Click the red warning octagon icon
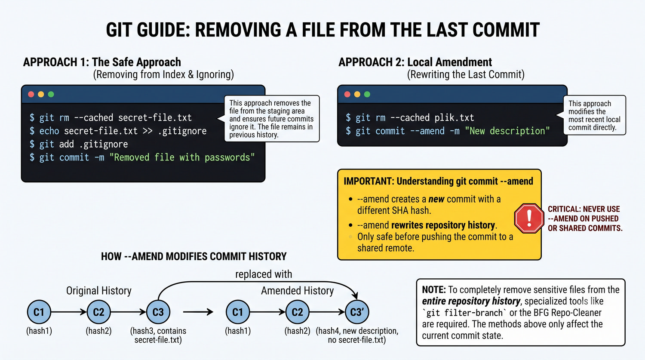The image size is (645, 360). [529, 218]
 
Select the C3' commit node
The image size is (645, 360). [357, 312]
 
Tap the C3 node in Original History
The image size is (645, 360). [158, 312]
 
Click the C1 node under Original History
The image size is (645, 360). [39, 312]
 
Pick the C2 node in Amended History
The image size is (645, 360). [297, 312]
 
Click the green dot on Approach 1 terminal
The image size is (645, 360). [51, 94]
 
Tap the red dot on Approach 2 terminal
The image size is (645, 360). [347, 94]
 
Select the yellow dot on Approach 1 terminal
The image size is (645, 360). [41, 94]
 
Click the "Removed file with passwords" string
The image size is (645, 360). [182, 157]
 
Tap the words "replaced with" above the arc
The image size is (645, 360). [264, 274]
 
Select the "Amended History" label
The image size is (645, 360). [298, 291]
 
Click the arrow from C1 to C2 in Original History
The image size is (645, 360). [69, 312]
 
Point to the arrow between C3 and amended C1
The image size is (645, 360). [198, 312]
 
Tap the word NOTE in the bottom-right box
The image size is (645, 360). [434, 289]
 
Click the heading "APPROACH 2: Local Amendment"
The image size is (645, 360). [415, 62]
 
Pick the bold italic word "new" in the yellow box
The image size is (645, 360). [436, 199]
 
